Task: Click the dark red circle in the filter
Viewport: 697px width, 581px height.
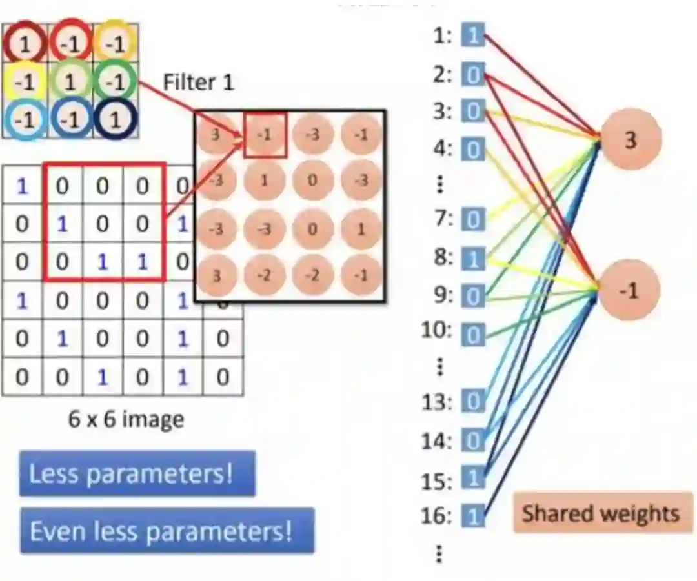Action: [24, 44]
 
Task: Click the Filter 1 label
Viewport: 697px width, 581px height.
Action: [198, 83]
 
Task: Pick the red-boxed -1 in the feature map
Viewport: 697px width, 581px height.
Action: [265, 135]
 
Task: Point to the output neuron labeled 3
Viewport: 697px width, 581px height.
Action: [630, 139]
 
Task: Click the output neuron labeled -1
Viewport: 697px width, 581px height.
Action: [629, 291]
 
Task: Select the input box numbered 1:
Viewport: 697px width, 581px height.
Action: [472, 35]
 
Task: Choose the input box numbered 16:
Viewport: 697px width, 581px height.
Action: [473, 516]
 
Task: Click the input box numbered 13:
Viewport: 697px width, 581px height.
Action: [473, 402]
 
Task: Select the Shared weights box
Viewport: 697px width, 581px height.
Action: [601, 513]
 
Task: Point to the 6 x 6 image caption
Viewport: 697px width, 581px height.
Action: [126, 420]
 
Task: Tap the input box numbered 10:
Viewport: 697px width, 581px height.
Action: [473, 335]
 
